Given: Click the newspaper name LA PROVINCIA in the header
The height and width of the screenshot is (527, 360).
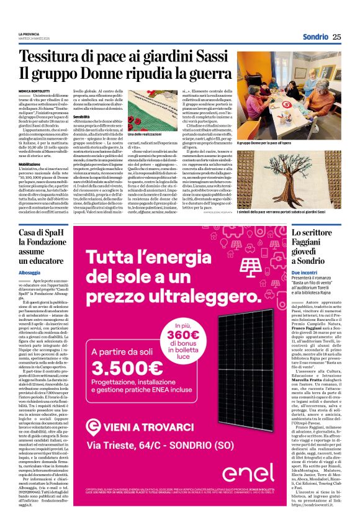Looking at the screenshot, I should (x=30, y=34).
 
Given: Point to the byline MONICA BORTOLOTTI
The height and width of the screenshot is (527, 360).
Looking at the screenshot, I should (x=38, y=91).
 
